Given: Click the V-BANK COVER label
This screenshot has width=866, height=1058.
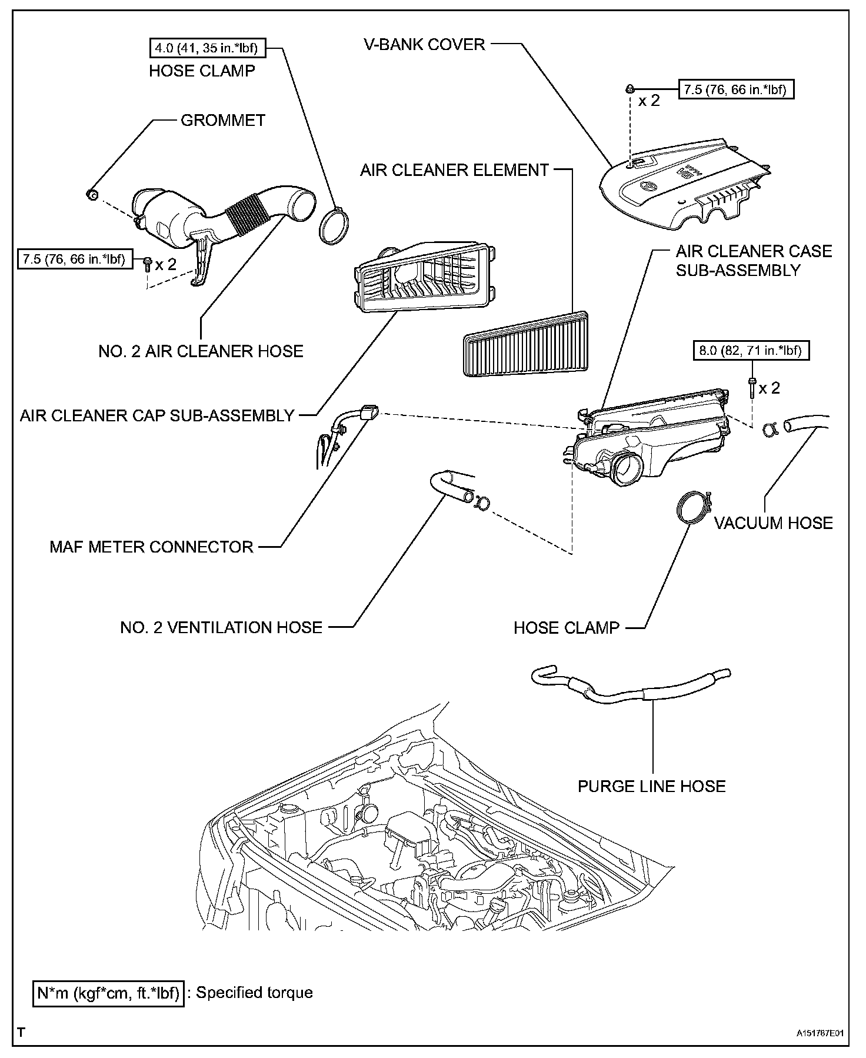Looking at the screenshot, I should pyautogui.click(x=424, y=44).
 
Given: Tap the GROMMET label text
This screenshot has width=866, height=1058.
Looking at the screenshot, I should pyautogui.click(x=223, y=120).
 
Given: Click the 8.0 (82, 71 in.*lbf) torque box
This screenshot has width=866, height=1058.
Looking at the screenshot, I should pyautogui.click(x=751, y=351).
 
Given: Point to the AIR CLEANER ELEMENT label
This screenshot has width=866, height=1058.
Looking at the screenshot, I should pyautogui.click(x=454, y=170).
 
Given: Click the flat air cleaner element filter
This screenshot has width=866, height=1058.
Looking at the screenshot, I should pyautogui.click(x=526, y=345).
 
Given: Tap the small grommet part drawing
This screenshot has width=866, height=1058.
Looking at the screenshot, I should pyautogui.click(x=91, y=194).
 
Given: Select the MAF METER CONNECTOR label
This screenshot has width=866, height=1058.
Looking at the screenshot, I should pyautogui.click(x=151, y=547).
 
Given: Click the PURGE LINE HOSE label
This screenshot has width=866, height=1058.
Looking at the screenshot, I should pyautogui.click(x=651, y=786).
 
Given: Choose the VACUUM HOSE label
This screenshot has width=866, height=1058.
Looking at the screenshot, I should pyautogui.click(x=773, y=523).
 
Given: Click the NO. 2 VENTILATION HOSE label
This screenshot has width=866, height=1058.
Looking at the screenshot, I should pyautogui.click(x=221, y=627).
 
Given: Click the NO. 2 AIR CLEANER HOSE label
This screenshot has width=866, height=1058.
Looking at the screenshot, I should pyautogui.click(x=201, y=351).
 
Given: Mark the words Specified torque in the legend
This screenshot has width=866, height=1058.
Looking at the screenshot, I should pyautogui.click(x=254, y=993).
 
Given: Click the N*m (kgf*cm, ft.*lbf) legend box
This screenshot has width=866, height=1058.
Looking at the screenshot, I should pyautogui.click(x=108, y=993).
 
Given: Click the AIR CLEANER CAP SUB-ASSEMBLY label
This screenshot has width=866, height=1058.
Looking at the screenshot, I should pyautogui.click(x=157, y=415).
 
